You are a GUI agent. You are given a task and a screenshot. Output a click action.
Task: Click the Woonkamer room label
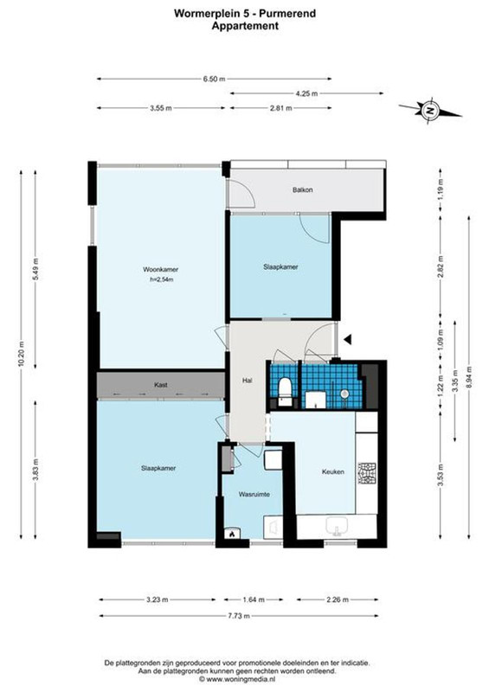[x=160, y=269]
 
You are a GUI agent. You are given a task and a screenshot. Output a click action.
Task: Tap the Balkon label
[x=303, y=189]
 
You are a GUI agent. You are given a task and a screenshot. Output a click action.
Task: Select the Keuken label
[x=332, y=471]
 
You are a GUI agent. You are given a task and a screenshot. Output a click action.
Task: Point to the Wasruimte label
[x=254, y=494]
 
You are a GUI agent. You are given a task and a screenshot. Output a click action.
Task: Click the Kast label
[x=160, y=385]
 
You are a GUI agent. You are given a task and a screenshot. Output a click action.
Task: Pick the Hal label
[x=247, y=380]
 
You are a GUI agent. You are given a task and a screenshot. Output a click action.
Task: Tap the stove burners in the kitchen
[x=367, y=473]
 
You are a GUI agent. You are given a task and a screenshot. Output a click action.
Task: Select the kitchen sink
[x=337, y=527]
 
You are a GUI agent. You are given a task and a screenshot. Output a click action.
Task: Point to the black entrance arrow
[x=348, y=339]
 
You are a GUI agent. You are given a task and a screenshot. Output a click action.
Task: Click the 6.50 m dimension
[x=215, y=79]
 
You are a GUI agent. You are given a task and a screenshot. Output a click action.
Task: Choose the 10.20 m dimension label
[x=21, y=355]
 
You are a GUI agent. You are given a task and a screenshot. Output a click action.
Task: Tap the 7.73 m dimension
[x=239, y=616]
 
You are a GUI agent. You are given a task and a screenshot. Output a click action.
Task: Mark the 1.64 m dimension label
[x=254, y=599]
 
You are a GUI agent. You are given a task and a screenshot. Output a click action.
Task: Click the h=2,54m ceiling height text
[x=161, y=279]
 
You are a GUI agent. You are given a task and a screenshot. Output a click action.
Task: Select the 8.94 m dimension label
[x=469, y=378]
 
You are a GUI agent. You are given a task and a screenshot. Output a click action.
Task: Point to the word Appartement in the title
[x=245, y=26]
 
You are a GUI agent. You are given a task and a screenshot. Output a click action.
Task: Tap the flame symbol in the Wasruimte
[x=232, y=534]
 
